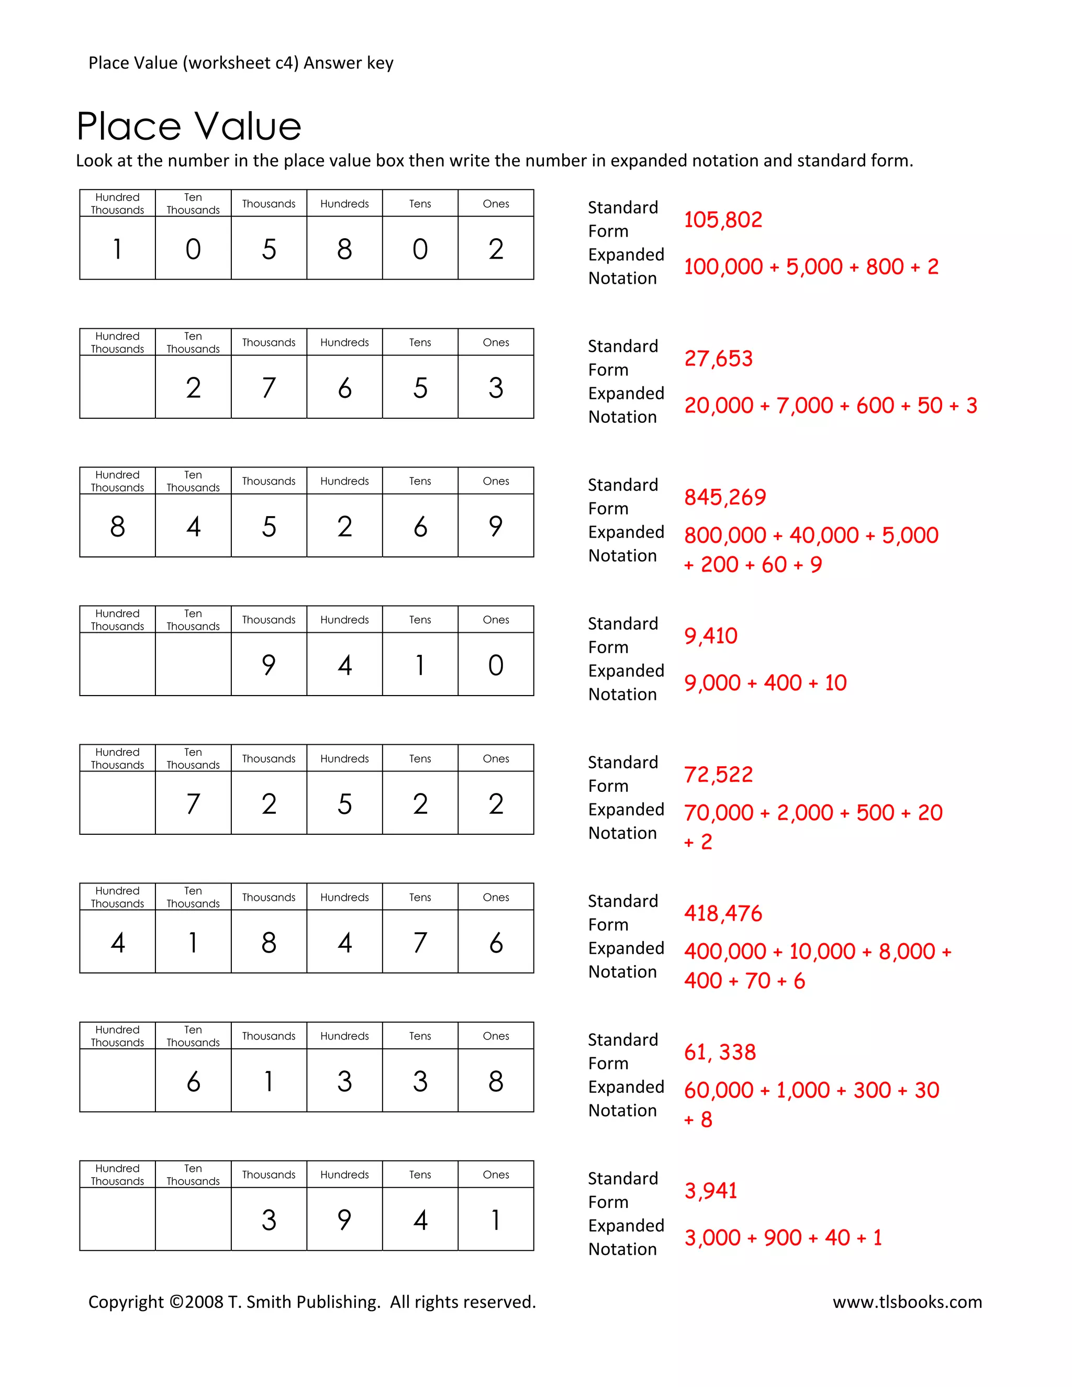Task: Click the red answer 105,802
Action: pos(723,220)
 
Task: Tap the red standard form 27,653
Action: pos(718,359)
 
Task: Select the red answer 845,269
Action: pos(724,497)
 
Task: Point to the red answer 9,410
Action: pos(711,636)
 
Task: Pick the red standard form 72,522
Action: pos(718,775)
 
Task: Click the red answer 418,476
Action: pos(723,913)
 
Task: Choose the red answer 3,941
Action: pos(711,1191)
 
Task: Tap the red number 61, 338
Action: pos(720,1053)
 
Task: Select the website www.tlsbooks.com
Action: pos(907,1301)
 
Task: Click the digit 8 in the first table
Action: pos(344,249)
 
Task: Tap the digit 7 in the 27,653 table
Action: pos(269,388)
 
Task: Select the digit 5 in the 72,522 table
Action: pos(344,804)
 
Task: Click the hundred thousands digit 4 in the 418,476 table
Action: pos(117,943)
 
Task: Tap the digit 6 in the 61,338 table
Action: pos(193,1081)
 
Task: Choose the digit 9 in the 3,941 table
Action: pos(344,1220)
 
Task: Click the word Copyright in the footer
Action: pos(126,1301)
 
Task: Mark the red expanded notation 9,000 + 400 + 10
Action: pos(765,683)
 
